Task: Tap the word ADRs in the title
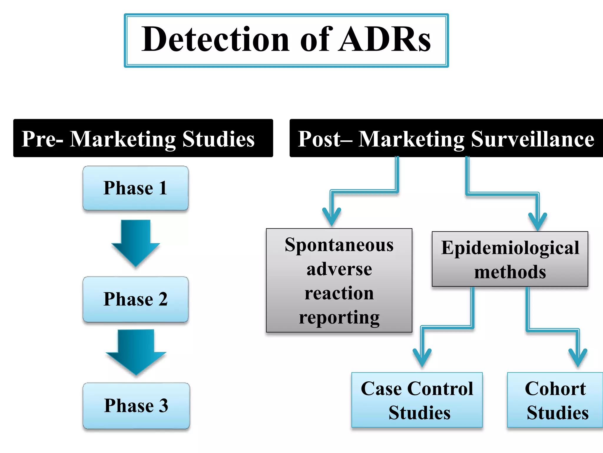click(384, 40)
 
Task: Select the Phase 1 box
click(135, 188)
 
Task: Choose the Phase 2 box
click(135, 299)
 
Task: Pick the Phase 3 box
click(136, 405)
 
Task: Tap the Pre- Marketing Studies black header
click(143, 138)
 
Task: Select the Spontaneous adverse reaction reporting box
click(339, 280)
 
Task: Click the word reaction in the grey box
click(339, 293)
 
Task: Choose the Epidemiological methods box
click(510, 259)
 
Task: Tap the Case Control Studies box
click(417, 400)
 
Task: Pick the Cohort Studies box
click(555, 400)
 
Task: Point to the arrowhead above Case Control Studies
click(422, 358)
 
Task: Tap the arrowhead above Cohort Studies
click(578, 358)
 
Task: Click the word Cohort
click(555, 388)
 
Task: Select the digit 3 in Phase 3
click(163, 406)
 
